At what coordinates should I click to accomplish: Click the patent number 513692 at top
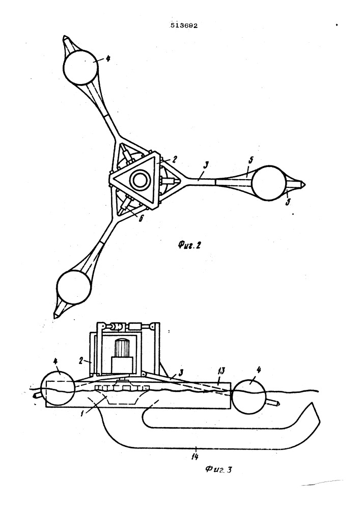coord(184,25)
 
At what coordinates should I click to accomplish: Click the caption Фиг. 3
coord(218,470)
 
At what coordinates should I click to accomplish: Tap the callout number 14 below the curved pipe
coord(195,457)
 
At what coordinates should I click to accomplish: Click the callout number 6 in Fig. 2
coord(141,218)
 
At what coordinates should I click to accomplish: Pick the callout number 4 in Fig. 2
coord(108,59)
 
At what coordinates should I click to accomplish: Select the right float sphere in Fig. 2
coord(269,183)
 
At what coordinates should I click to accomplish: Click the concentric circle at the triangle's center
coord(141,180)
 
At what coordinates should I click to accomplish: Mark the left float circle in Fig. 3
coord(58,388)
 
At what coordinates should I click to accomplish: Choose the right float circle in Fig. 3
coord(250,398)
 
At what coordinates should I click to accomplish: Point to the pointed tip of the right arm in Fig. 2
coord(305,185)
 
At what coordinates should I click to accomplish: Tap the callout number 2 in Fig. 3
coord(82,360)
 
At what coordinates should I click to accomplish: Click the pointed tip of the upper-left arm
coord(65,37)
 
